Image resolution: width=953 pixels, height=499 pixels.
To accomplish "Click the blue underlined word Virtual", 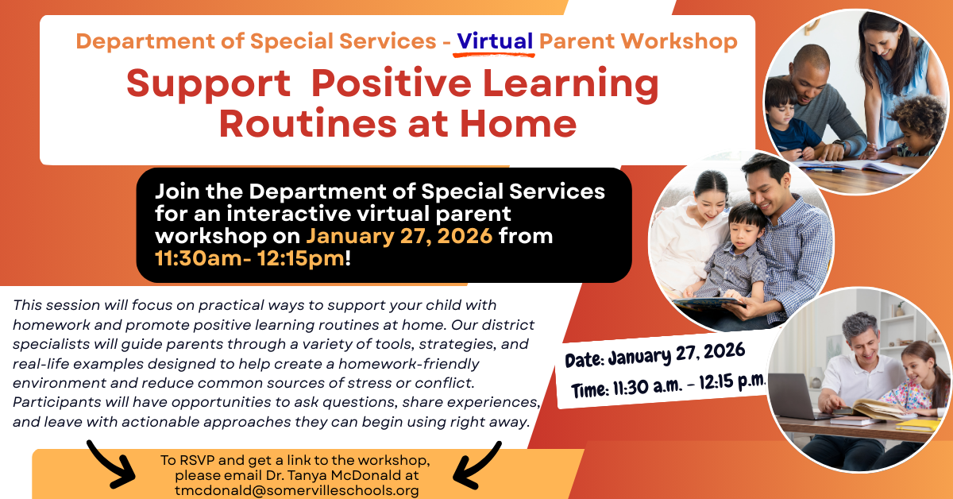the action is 495,41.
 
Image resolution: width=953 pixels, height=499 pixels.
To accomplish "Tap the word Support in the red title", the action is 208,83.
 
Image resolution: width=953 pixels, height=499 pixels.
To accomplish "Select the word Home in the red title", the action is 518,123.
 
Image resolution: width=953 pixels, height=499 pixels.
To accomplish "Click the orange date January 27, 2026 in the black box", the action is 399,236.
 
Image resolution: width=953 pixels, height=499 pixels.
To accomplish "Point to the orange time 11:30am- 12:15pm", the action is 249,258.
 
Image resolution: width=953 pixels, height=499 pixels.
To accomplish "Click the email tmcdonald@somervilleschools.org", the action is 297,490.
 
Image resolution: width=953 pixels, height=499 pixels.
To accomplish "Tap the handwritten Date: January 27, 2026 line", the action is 654,354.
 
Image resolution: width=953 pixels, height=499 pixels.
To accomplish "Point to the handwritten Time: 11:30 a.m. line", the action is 669,385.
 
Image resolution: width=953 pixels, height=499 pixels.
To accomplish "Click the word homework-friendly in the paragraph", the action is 408,364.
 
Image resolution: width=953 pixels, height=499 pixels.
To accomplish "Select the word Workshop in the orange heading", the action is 679,41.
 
